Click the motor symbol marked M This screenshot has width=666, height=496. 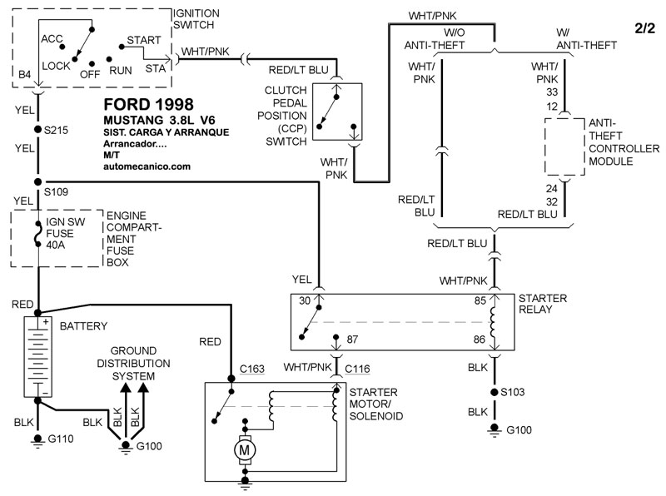point(245,450)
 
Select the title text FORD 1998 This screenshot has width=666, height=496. point(149,106)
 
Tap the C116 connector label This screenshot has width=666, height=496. point(356,366)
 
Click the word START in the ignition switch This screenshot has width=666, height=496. point(143,40)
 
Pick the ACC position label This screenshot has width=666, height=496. point(52,39)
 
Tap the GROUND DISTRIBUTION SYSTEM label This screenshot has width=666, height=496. point(140,364)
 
